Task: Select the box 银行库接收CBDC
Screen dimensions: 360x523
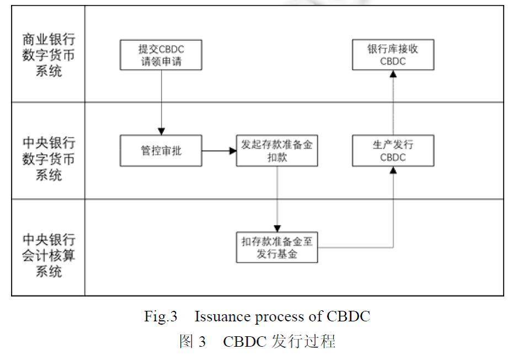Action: click(393, 55)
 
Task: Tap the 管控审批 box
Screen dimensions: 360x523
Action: click(161, 150)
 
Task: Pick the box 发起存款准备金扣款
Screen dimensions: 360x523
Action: click(277, 150)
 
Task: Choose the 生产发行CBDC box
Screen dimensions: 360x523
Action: click(393, 150)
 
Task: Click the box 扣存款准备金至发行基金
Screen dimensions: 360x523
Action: click(277, 247)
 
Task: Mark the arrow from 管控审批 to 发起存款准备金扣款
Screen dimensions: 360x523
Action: click(218, 150)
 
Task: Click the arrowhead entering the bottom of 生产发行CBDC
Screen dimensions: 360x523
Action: click(393, 170)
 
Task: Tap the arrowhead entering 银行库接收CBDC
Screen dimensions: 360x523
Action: click(393, 73)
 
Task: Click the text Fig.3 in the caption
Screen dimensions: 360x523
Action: click(161, 317)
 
